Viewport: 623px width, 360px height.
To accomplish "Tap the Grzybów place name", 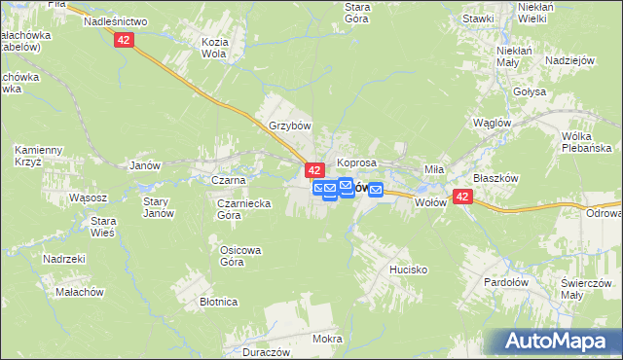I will [x=289, y=126].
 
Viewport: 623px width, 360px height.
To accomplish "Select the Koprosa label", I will [x=356, y=162].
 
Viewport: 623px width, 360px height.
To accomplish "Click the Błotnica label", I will [x=219, y=302].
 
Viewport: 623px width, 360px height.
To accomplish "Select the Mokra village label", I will [x=327, y=339].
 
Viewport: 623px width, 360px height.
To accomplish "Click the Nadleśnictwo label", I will [x=115, y=20].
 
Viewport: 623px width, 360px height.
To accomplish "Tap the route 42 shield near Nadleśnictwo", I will [x=124, y=39].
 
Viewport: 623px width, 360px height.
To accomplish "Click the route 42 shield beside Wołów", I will [x=462, y=198].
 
